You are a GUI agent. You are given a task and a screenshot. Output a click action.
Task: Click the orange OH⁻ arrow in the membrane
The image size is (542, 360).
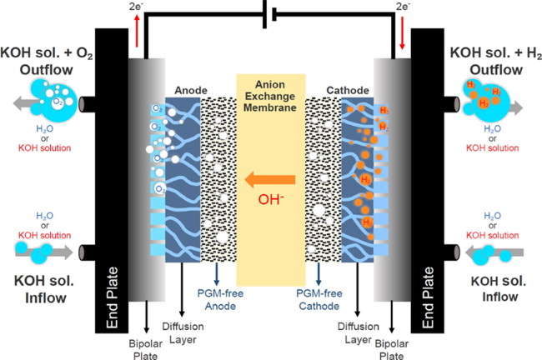coord(270,177)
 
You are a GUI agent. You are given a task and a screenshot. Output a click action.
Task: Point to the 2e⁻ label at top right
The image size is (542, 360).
coord(404,7)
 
